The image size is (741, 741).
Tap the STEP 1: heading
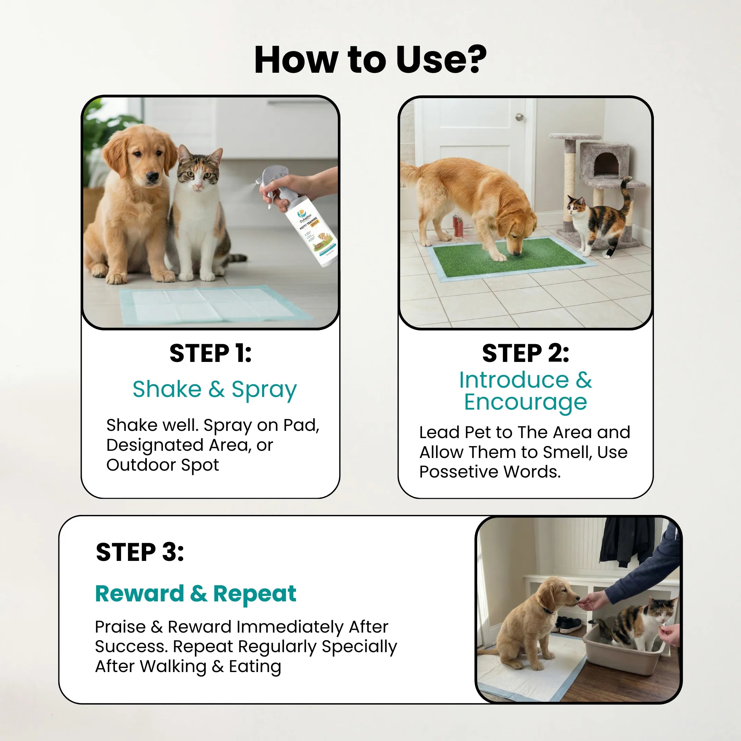pyautogui.click(x=211, y=353)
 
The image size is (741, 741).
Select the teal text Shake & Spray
pyautogui.click(x=214, y=389)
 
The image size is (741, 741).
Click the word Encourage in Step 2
pyautogui.click(x=525, y=402)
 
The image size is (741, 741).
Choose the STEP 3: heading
pyautogui.click(x=140, y=552)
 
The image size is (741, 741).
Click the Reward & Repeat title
pyautogui.click(x=196, y=594)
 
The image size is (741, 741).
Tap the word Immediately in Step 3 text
pyautogui.click(x=290, y=627)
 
